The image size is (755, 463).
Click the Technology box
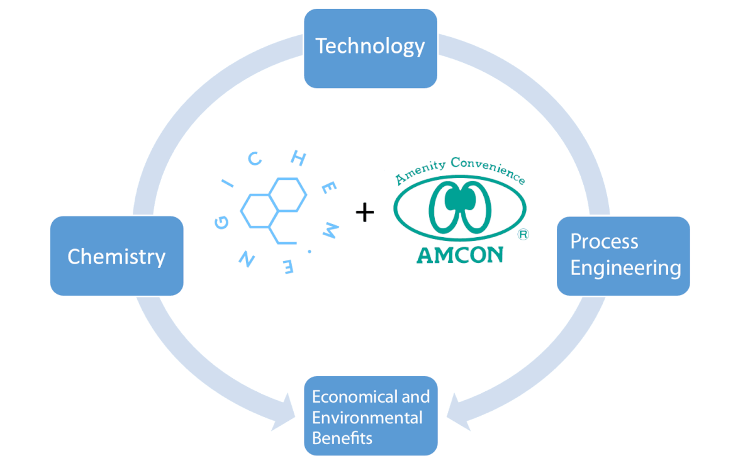pos(371,48)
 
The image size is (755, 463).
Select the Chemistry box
pos(117,256)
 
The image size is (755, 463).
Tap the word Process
pos(604,242)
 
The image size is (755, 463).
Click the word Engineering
pos(625,269)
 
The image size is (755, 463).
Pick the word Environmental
pos(367,418)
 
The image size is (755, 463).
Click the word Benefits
pos(342,438)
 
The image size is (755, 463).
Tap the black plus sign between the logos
pos(365,212)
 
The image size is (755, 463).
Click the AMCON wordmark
pos(460,255)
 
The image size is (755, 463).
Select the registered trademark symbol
pos(523,234)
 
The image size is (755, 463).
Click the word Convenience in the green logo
pos(488,170)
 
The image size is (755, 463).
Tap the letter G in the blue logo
pos(221,223)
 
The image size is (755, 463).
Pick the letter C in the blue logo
pos(255,159)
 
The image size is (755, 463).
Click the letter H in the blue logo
pos(299,158)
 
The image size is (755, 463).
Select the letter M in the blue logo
pos(330,230)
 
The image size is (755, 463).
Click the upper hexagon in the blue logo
pos(288,195)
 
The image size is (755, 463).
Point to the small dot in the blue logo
pos(310,252)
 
